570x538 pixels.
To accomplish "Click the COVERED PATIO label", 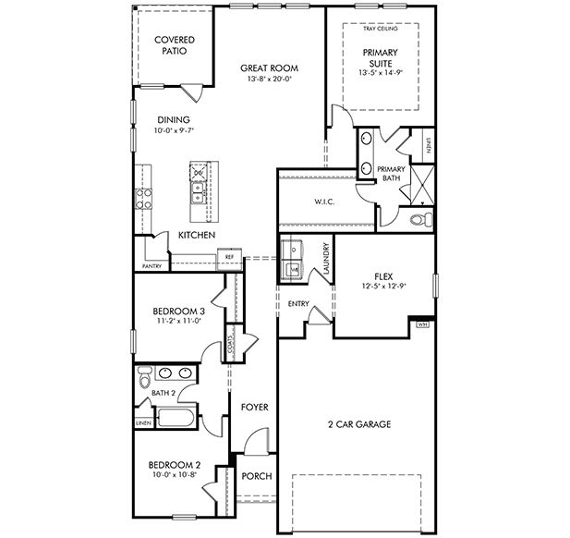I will pyautogui.click(x=174, y=45).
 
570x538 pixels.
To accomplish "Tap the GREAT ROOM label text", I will pyautogui.click(x=269, y=67).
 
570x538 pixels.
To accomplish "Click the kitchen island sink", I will pyautogui.click(x=198, y=192).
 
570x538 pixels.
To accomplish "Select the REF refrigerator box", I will pyautogui.click(x=229, y=256).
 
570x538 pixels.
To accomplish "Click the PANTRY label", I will pyautogui.click(x=152, y=266).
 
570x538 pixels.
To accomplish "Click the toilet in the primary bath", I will pyautogui.click(x=418, y=219).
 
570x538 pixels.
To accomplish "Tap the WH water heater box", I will pyautogui.click(x=423, y=324).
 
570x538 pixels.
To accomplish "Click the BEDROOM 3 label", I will pyautogui.click(x=177, y=312).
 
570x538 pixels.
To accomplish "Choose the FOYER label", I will pyautogui.click(x=254, y=407).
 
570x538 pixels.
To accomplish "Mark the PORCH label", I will pyautogui.click(x=256, y=476).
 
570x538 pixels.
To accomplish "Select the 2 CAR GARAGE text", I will pyautogui.click(x=359, y=424).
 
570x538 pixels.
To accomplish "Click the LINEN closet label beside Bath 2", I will pyautogui.click(x=142, y=422).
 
